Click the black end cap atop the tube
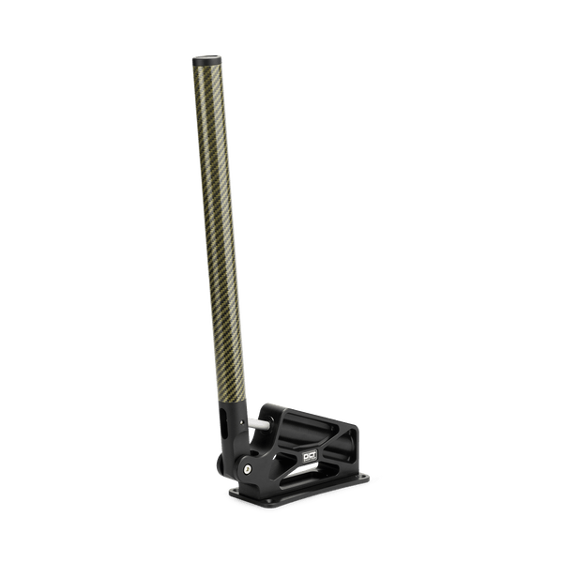[207, 61]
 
